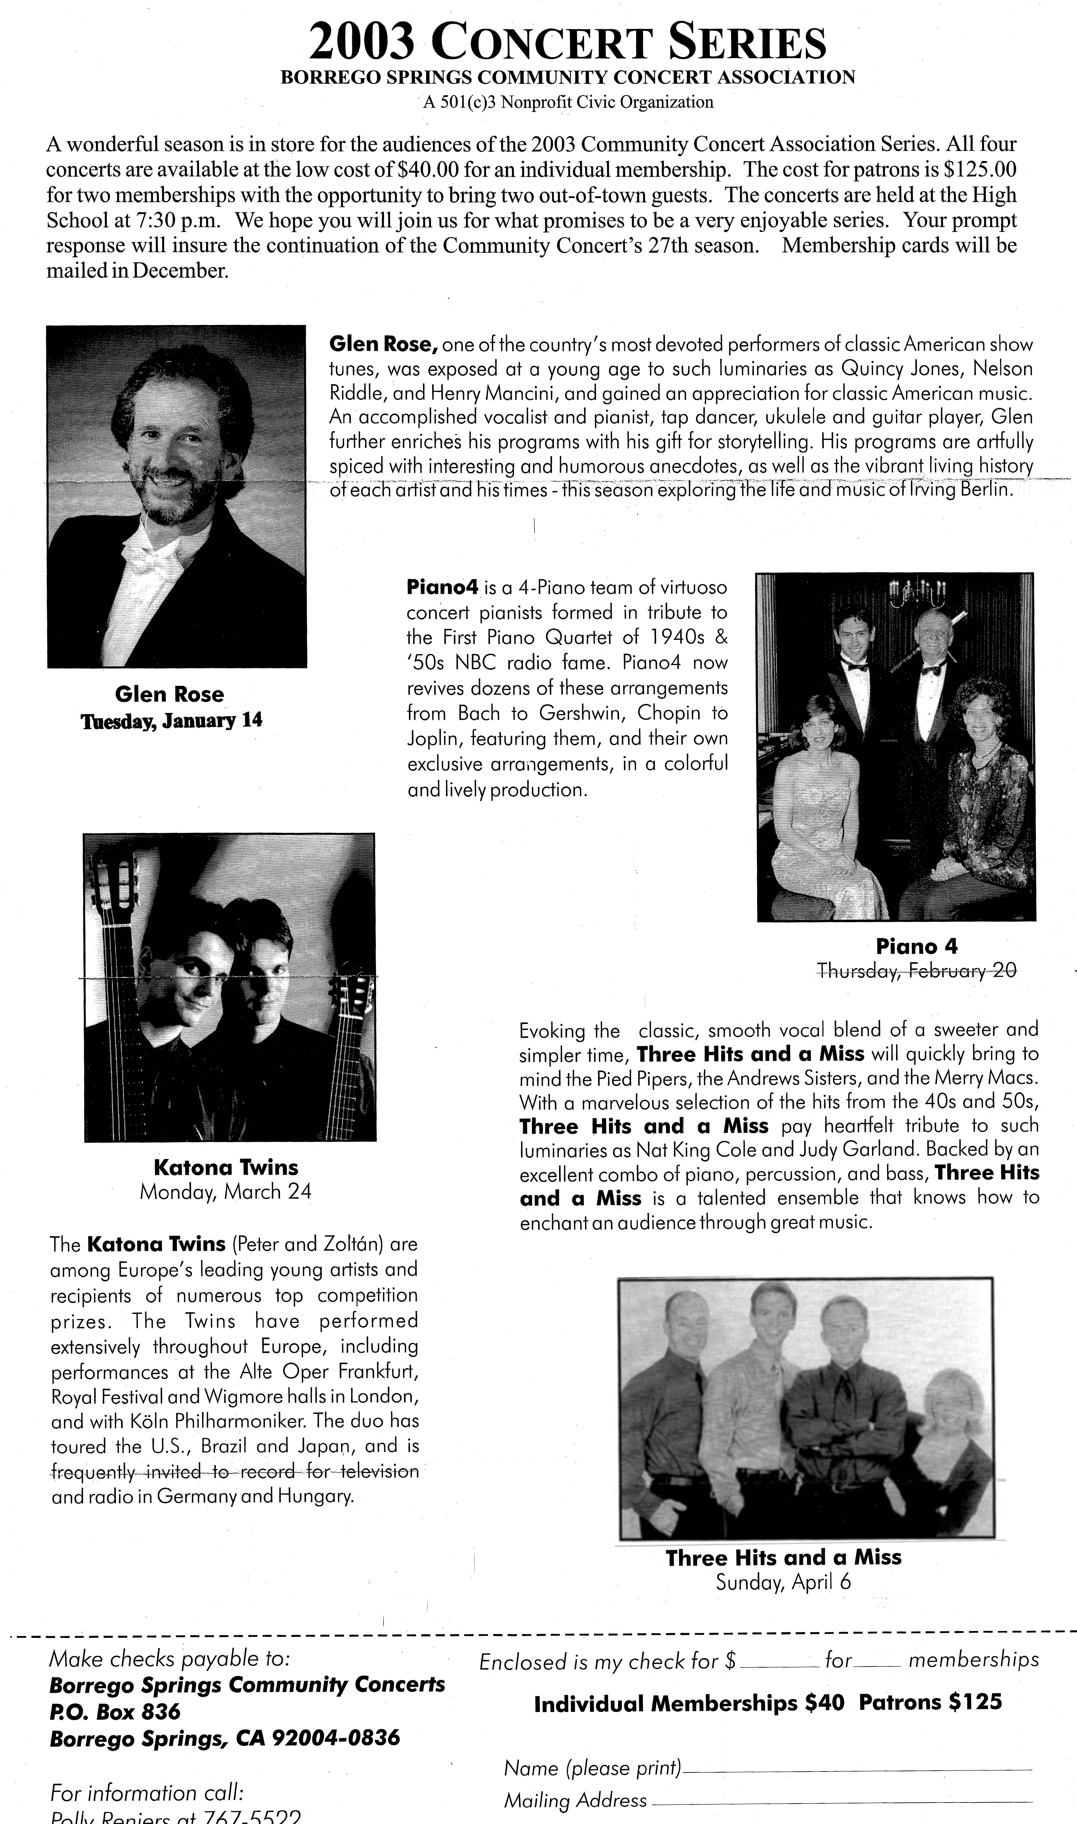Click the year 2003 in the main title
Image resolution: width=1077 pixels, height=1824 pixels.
[361, 42]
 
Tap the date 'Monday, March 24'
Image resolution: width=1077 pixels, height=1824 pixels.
[226, 1192]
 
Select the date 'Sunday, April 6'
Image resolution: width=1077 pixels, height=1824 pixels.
[783, 1582]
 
